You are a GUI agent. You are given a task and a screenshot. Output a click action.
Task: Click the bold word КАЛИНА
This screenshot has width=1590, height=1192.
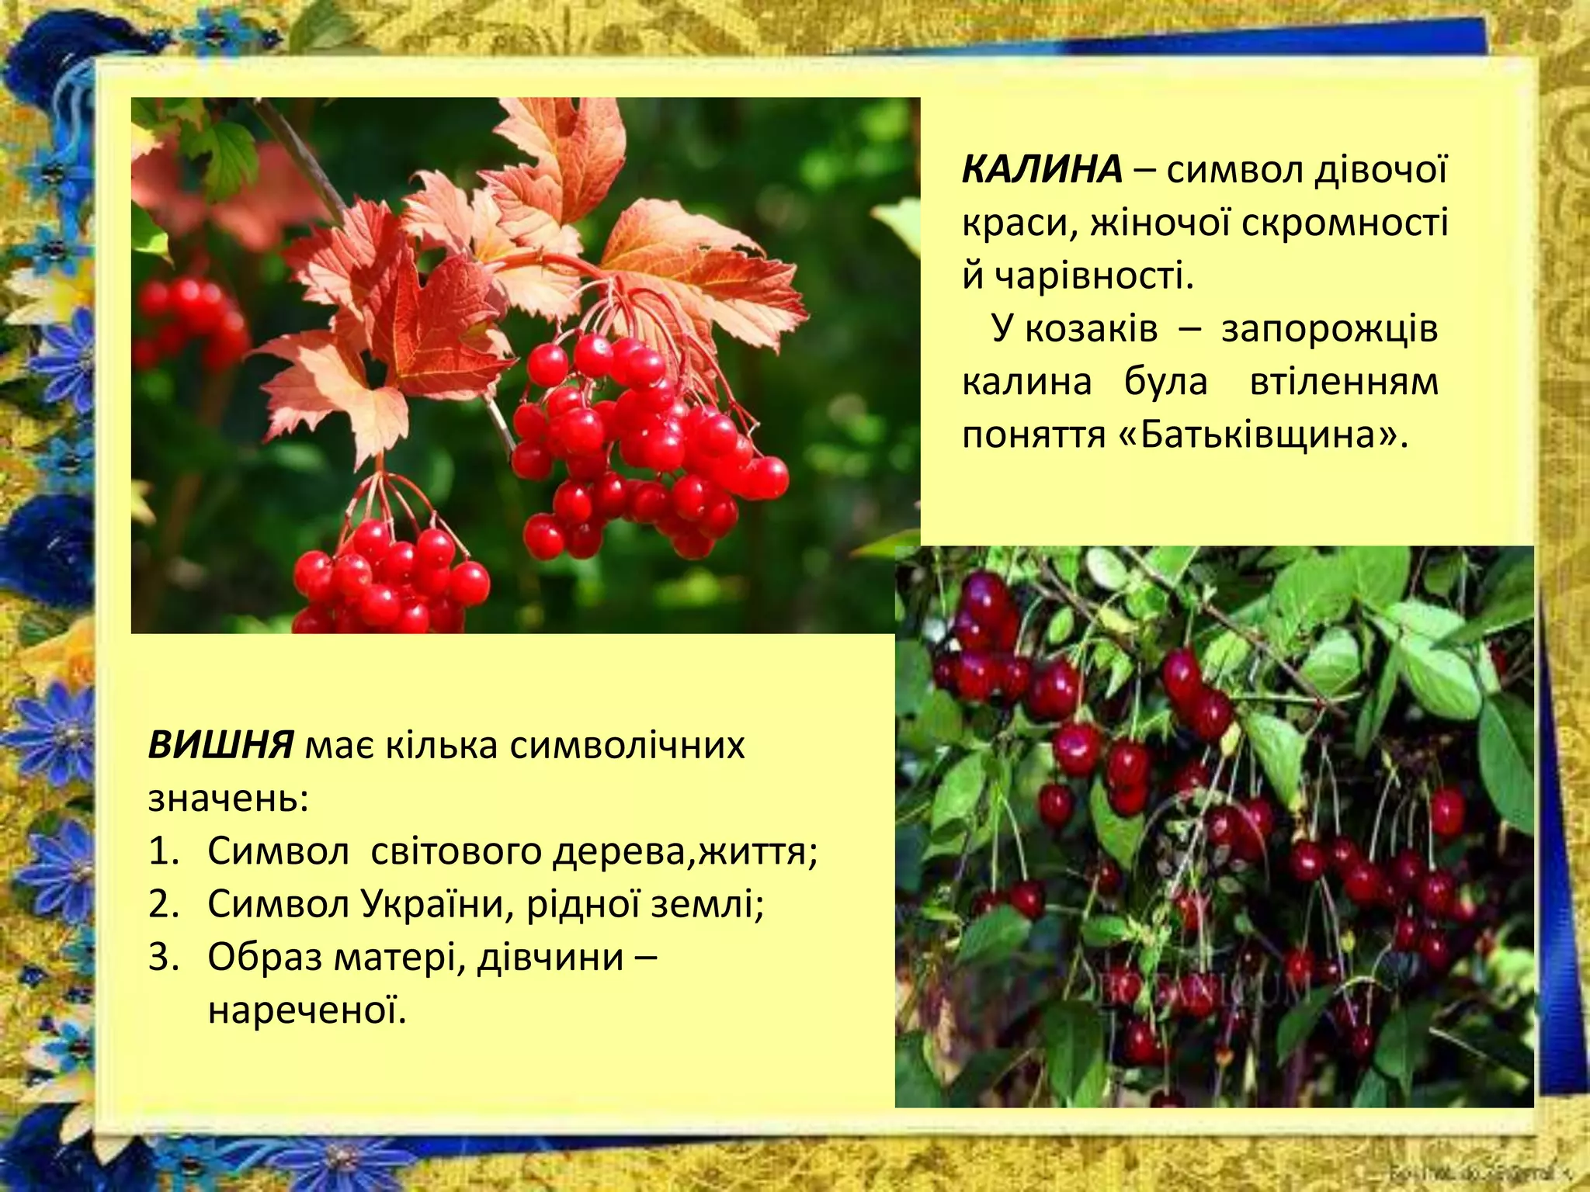click(x=1042, y=170)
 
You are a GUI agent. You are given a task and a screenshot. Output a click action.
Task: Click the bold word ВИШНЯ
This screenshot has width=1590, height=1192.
click(x=220, y=746)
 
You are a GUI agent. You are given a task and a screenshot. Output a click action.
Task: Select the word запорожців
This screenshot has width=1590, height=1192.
click(x=1329, y=329)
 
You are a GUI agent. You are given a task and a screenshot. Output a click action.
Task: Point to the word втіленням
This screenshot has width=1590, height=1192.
click(x=1344, y=382)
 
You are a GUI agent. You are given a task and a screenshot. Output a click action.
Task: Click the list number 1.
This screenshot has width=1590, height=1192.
click(x=163, y=852)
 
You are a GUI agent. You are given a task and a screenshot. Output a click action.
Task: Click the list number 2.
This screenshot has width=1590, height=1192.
click(x=163, y=905)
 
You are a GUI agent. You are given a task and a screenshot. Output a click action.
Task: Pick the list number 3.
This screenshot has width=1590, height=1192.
click(x=163, y=958)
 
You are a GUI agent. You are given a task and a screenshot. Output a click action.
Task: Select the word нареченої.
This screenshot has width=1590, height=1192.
click(x=307, y=1010)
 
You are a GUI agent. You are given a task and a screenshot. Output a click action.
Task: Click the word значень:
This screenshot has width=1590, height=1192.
click(x=228, y=799)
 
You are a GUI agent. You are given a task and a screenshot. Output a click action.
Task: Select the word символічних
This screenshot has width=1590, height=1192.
click(x=627, y=746)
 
